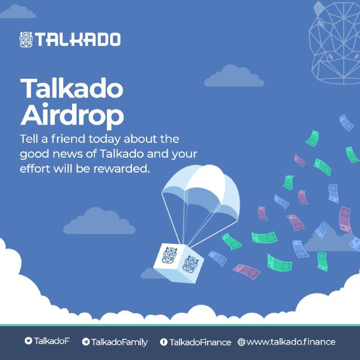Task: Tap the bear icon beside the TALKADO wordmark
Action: (x=27, y=40)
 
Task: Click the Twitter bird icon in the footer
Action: (x=28, y=341)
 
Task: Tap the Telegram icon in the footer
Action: (x=85, y=342)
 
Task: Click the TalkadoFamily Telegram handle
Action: (x=119, y=342)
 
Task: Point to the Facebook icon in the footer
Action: (x=164, y=342)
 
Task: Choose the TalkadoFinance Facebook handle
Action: (x=200, y=342)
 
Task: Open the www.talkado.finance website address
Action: (x=291, y=342)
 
